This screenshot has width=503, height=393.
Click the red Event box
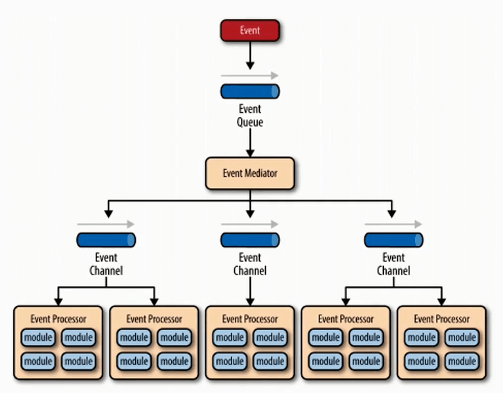(250, 30)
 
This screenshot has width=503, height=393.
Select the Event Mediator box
(250, 173)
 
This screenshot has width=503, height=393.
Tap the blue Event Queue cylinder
(250, 91)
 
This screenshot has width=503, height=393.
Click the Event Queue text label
(250, 115)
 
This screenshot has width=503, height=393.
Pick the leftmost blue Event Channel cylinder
(106, 240)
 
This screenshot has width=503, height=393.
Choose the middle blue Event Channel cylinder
(250, 240)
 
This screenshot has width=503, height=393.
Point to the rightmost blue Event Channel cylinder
(394, 240)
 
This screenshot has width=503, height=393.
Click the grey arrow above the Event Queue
(250, 75)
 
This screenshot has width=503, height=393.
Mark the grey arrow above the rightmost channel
(394, 224)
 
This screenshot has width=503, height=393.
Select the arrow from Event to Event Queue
(250, 55)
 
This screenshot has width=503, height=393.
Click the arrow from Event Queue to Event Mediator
(250, 142)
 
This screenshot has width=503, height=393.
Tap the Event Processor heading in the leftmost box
(58, 319)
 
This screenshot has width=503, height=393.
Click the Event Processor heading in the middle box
(250, 319)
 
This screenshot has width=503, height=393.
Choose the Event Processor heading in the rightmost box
(442, 319)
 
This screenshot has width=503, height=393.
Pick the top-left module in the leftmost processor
(39, 338)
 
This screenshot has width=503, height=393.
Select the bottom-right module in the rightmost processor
(461, 361)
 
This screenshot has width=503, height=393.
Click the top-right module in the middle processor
(270, 338)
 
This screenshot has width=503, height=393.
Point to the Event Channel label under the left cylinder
(106, 265)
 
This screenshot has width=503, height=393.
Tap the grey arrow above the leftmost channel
(106, 224)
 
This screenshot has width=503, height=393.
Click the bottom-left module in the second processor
(134, 361)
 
